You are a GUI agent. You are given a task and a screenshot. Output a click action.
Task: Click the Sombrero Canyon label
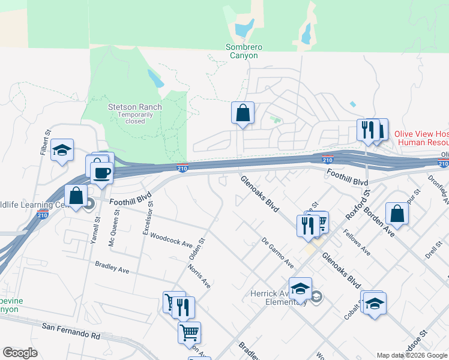tap(241, 51)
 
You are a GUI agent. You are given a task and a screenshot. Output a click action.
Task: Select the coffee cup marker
tap(101, 173)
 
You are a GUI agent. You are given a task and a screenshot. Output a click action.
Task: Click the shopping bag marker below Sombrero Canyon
tap(243, 113)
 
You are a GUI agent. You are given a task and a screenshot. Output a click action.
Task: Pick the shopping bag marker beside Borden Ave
tap(397, 213)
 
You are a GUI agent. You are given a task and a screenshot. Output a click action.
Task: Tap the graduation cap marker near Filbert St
tap(62, 151)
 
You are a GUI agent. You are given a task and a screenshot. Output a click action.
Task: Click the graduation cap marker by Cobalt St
tap(375, 304)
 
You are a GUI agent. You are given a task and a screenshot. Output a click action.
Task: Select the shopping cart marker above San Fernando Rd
tap(190, 332)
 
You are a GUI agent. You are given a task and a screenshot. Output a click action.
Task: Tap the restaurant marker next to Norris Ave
tap(183, 308)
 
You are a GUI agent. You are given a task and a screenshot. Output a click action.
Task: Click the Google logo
tap(20, 353)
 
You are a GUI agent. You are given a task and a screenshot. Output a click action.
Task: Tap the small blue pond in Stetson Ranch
tap(155, 78)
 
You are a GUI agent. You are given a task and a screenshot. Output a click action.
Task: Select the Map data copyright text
tap(411, 355)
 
